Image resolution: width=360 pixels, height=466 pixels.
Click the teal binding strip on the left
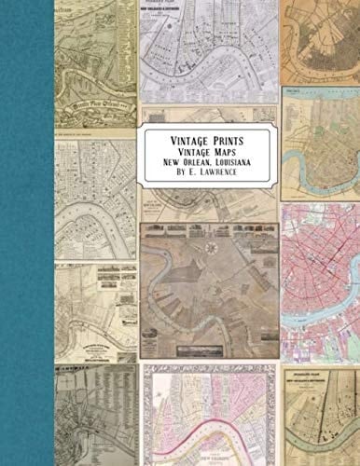tap(26, 233)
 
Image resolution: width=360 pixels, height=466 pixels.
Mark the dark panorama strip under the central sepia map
tap(210, 349)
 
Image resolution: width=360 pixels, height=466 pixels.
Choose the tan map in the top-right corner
tap(321, 42)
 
